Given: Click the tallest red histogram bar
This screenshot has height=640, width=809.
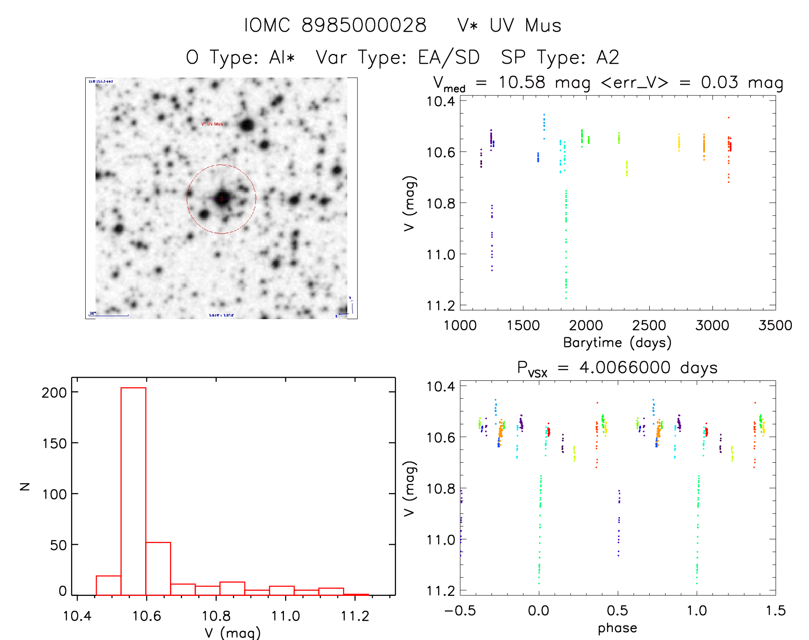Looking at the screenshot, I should pos(133,491).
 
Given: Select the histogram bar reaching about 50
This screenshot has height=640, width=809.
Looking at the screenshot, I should pos(158,568).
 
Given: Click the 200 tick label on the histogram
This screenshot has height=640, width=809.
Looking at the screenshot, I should pos(54,392).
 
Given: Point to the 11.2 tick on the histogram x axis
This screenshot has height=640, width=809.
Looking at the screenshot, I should pos(355,616).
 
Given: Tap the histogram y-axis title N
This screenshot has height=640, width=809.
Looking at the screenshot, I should pos(25,486).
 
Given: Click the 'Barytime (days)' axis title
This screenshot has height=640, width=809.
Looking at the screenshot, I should pos(617,343).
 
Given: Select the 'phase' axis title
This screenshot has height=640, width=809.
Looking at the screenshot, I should pos(617,628).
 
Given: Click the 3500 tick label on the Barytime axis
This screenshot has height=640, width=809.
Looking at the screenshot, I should pos(775,326).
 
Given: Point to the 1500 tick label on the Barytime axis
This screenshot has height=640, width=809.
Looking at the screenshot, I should pos(523,326).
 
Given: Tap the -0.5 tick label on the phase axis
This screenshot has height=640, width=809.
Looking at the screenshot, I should pos(460,611).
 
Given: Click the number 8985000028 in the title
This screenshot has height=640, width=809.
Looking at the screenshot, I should pos(364,25).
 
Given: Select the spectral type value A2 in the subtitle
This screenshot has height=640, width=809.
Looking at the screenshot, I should pos(608,57).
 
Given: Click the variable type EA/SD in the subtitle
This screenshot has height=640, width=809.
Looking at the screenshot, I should pos(449,57).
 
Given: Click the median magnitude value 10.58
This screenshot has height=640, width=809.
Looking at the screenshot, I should pos(522,82).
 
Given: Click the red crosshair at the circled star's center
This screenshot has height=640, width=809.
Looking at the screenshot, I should pos(221,199).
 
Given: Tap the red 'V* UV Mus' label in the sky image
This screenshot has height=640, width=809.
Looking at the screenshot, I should pos(212,124).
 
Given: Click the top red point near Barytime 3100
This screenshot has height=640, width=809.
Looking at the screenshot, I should pos(728,117).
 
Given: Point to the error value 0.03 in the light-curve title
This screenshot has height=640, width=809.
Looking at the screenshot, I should pos(719,82).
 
